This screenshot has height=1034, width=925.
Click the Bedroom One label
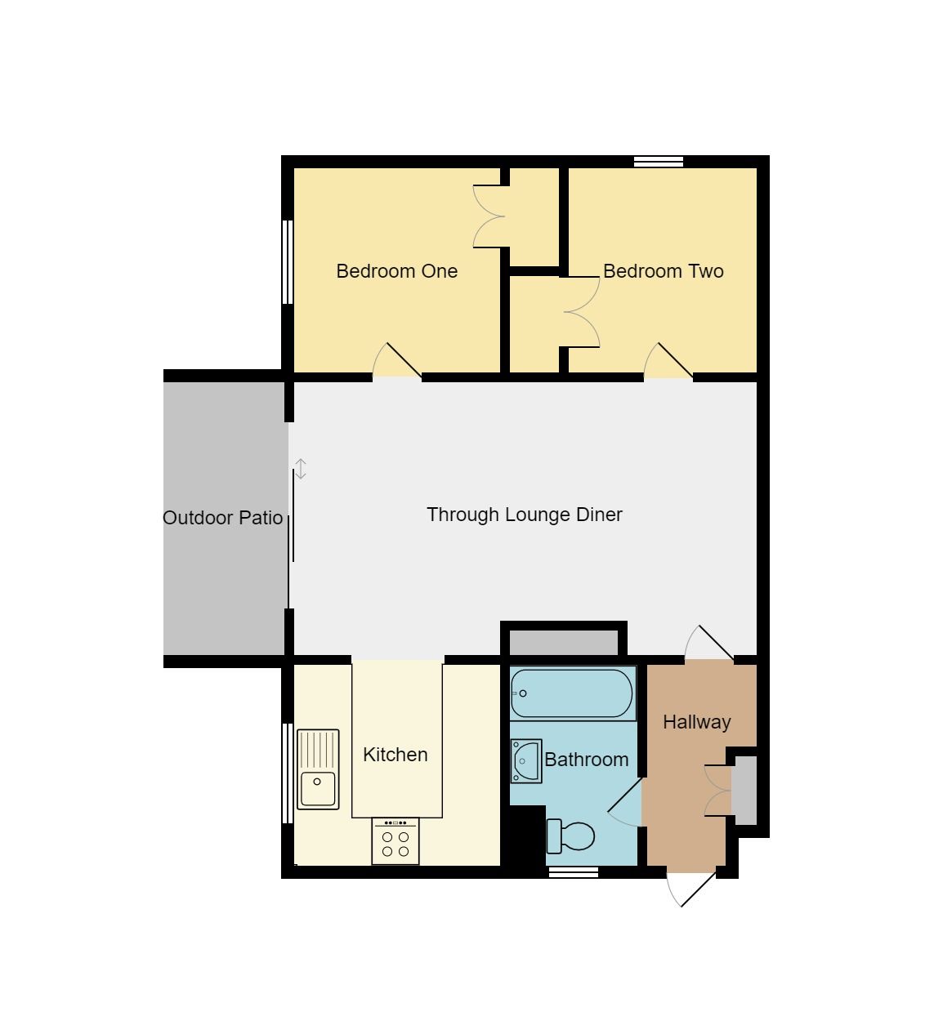(396, 271)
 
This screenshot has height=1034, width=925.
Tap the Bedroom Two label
(663, 271)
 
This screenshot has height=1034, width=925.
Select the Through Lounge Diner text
(524, 515)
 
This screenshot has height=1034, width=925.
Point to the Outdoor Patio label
(222, 518)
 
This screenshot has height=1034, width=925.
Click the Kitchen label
(395, 755)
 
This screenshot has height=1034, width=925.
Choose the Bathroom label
(586, 760)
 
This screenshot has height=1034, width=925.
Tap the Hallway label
(696, 722)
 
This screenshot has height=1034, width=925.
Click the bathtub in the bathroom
(572, 693)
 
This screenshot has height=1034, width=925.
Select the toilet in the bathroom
(571, 836)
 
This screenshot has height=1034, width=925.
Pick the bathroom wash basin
(525, 761)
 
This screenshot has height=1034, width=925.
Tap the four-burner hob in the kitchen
(395, 842)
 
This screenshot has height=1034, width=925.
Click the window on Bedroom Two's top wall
(659, 161)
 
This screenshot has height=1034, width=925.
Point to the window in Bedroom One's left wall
(287, 261)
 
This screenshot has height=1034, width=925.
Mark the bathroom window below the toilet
(573, 872)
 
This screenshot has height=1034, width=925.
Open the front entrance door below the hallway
(691, 889)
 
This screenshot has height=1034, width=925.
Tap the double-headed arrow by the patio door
(301, 469)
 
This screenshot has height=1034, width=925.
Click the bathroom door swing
(627, 804)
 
